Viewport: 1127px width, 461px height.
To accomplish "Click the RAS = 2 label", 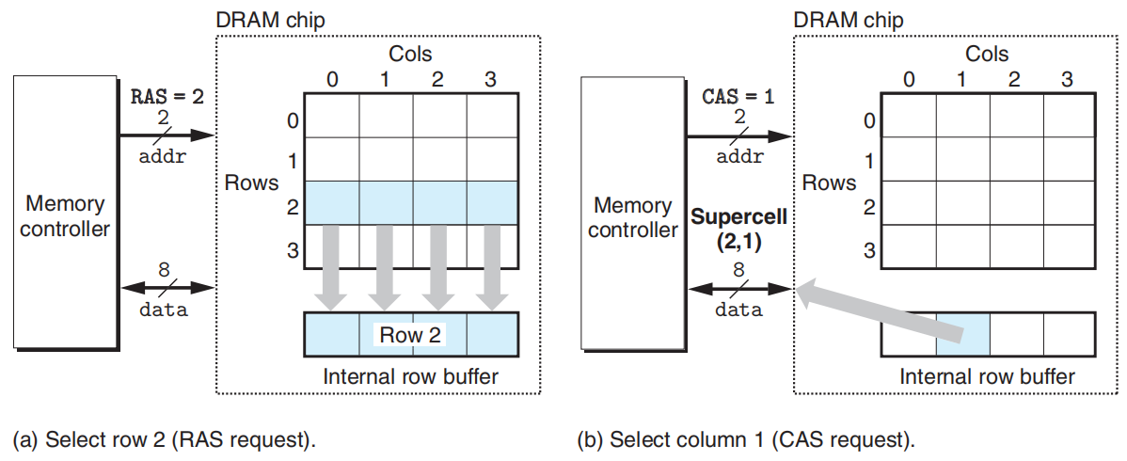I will (x=166, y=96).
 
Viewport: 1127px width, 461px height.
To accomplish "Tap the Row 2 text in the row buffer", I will (x=411, y=334).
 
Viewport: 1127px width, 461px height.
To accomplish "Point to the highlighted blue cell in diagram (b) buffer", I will (x=963, y=335).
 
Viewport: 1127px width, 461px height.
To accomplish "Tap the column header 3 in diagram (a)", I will (x=489, y=80).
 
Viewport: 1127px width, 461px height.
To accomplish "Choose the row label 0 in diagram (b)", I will (x=869, y=120).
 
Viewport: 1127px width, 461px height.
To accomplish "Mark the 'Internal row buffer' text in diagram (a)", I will (x=410, y=376).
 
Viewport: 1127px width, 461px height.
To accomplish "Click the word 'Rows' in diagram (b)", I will (x=829, y=183).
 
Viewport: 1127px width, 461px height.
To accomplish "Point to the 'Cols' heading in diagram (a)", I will (x=410, y=56).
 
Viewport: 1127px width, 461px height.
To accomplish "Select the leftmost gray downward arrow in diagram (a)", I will (x=332, y=266).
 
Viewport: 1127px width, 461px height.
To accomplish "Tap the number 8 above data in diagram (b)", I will (x=738, y=270).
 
